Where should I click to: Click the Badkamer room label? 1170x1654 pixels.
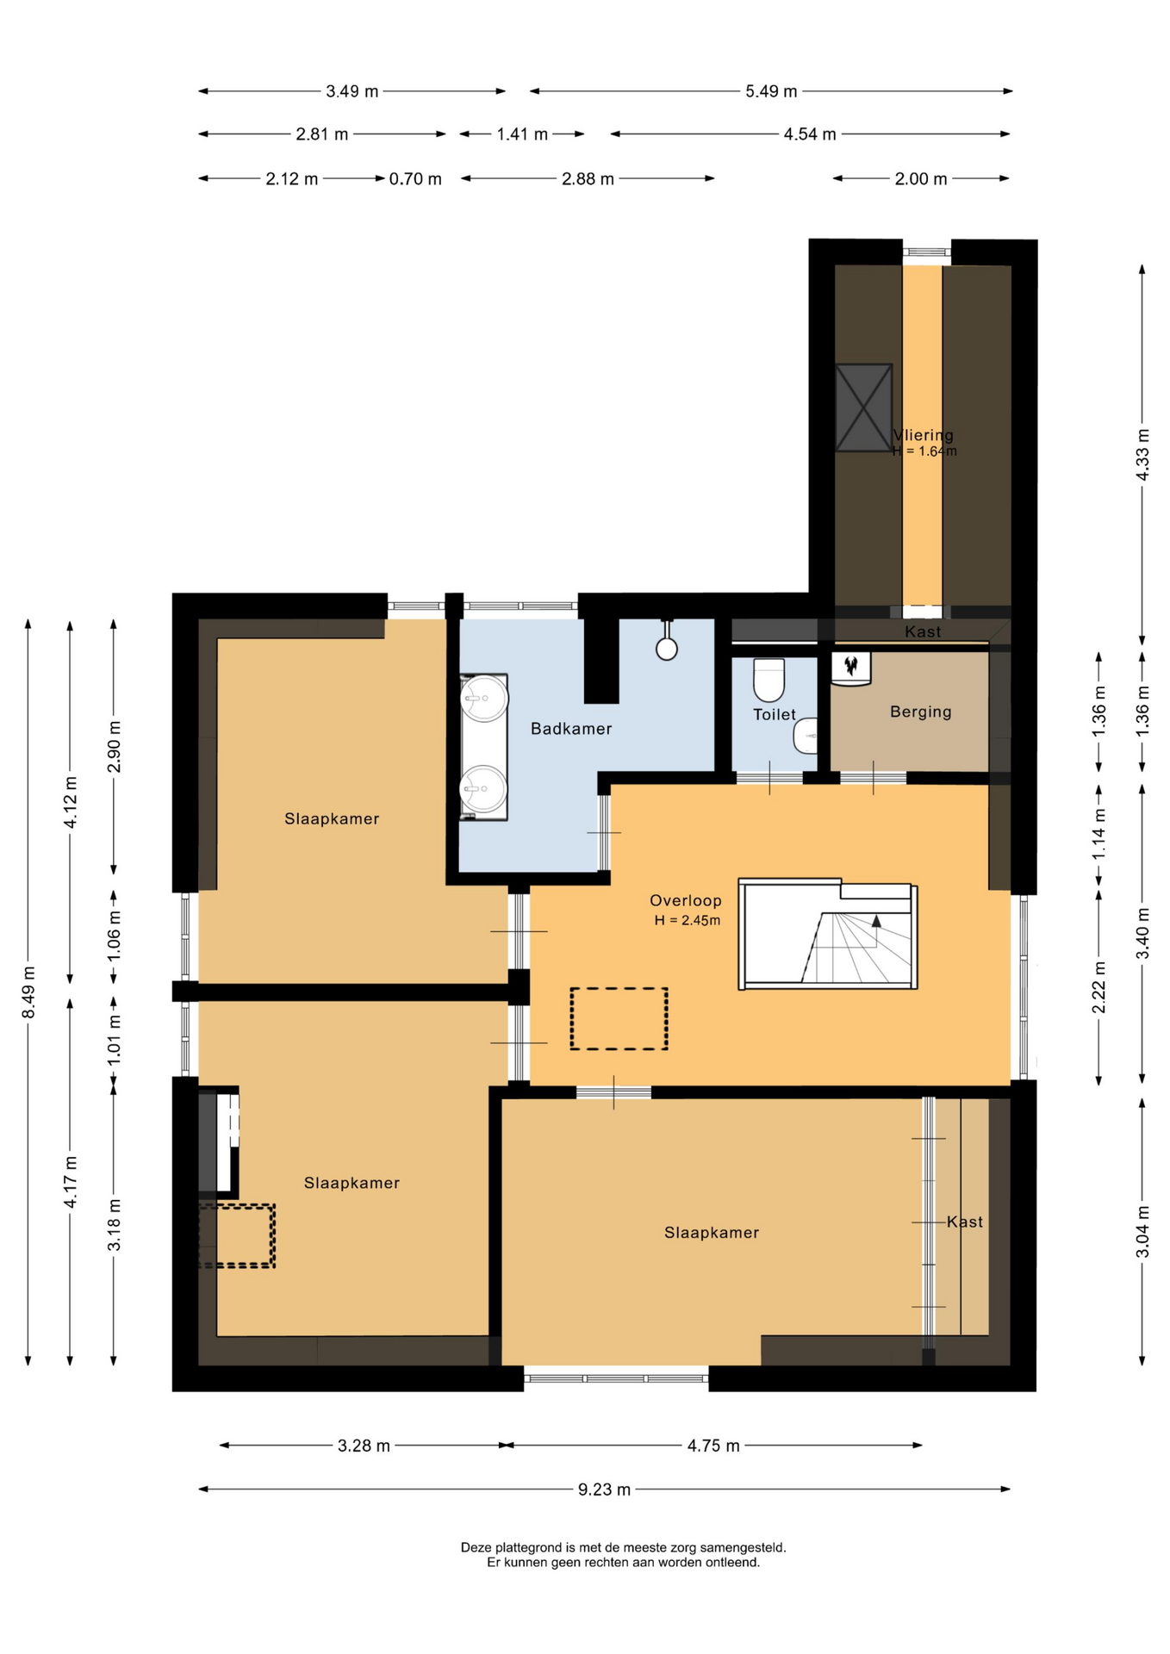(x=571, y=729)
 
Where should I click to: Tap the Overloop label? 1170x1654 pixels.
(x=686, y=900)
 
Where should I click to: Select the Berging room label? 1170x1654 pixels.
(x=921, y=712)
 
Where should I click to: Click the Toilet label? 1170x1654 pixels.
(x=775, y=714)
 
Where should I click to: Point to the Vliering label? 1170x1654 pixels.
(x=924, y=435)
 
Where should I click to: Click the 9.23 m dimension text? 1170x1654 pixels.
(x=605, y=1489)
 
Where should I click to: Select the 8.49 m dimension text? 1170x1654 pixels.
(x=28, y=992)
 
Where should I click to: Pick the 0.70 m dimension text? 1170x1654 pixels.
(x=415, y=179)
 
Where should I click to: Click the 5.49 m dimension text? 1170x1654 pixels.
(x=771, y=91)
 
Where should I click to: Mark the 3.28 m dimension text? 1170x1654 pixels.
(x=364, y=1446)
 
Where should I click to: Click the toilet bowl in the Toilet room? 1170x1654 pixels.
(x=769, y=680)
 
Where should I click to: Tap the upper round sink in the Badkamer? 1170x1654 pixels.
(x=483, y=698)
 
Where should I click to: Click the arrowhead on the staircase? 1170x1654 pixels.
(x=876, y=920)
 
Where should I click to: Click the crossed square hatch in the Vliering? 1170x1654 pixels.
(x=863, y=407)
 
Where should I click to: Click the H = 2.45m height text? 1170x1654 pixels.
(x=688, y=920)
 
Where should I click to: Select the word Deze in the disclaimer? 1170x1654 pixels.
(x=476, y=1547)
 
